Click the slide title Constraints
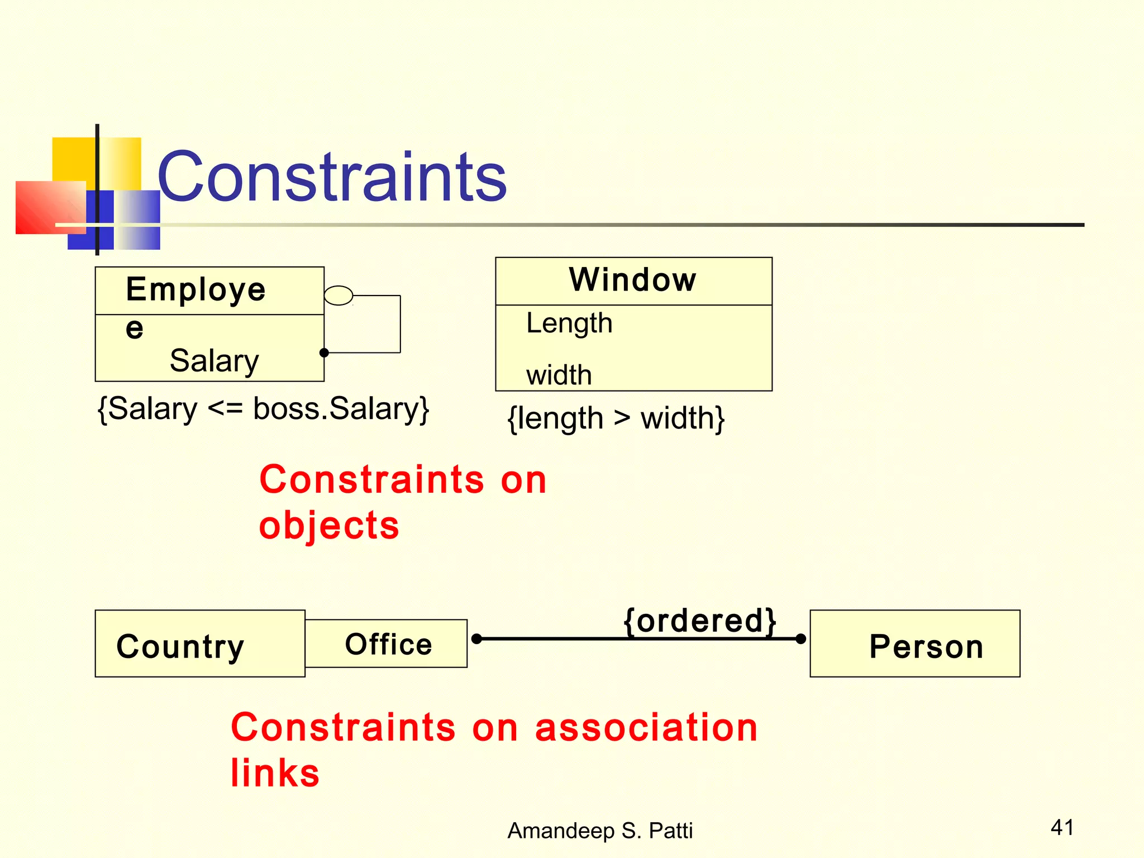(332, 178)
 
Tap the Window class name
(633, 279)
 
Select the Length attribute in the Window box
(569, 324)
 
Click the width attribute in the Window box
(559, 375)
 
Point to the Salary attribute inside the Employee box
(214, 360)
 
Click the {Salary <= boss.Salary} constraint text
(263, 409)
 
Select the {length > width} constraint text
(616, 418)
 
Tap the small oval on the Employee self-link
(339, 295)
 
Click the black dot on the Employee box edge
(324, 352)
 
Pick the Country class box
(199, 643)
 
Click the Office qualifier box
(387, 643)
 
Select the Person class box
(914, 643)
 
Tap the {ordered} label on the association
(699, 621)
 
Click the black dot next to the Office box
(476, 638)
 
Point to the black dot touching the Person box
(800, 638)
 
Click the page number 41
(1062, 827)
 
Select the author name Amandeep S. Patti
(600, 831)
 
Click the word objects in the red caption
(329, 526)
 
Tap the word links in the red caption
(275, 773)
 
